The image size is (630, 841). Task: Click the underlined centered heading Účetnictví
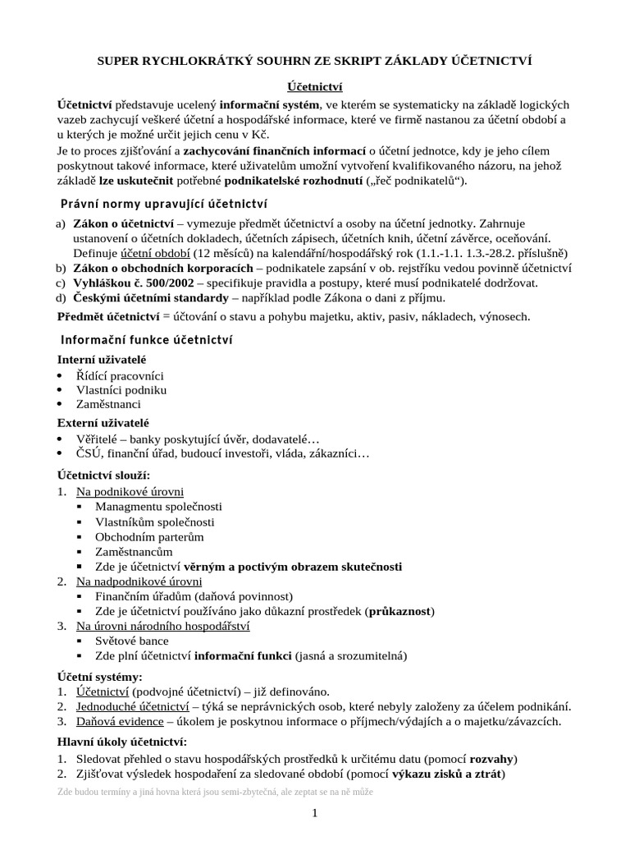tap(314, 85)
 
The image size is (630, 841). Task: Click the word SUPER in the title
tap(121, 61)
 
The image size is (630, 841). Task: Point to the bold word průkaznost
tap(400, 611)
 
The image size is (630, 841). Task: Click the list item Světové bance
tap(132, 641)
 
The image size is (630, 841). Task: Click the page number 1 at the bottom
tap(314, 813)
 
